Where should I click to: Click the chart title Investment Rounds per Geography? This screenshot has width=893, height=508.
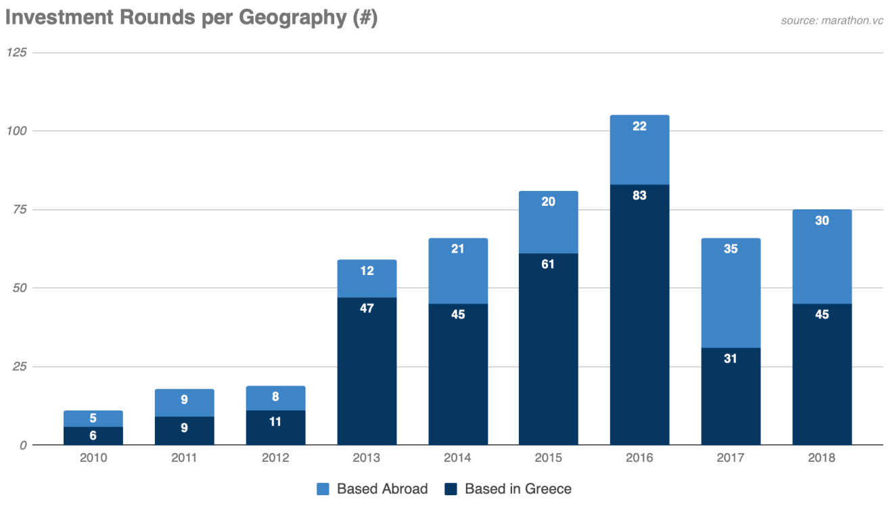coord(191,18)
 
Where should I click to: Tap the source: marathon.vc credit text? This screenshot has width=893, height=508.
coord(832,20)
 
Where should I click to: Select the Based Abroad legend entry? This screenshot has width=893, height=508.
coord(372,488)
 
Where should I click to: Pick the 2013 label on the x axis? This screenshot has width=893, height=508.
coord(367,458)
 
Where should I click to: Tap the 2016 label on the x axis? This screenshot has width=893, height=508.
coord(639,458)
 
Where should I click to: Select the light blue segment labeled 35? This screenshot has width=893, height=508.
coord(731,293)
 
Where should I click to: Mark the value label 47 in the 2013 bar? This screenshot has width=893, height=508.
coord(367,308)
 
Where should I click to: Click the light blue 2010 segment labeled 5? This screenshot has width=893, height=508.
coord(93,419)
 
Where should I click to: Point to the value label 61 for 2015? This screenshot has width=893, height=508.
coord(548,264)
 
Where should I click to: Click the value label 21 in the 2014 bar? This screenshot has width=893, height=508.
coord(458,249)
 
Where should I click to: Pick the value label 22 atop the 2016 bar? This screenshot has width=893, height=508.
coord(639,126)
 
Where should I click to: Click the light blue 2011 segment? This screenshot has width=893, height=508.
coord(184,403)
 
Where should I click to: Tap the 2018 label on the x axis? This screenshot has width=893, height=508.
coord(821,458)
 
